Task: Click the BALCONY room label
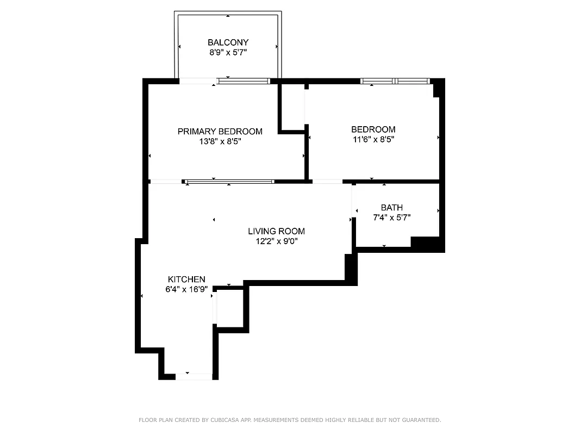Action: coord(228,42)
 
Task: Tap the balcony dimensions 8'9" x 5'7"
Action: coord(228,53)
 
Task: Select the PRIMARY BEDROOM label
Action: coord(220,132)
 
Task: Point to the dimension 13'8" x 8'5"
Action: coord(220,142)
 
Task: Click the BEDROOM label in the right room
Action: coord(373,129)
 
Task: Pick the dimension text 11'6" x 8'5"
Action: coord(373,139)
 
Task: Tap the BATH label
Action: coord(391,208)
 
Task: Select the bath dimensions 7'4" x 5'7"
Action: coord(391,217)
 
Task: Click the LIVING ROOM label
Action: coord(276,231)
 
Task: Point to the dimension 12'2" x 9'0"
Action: coord(276,241)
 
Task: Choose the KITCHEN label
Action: coord(186,279)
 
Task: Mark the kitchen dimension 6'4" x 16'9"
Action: coord(186,290)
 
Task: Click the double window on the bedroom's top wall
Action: coord(395,81)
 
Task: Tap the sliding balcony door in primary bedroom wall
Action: coord(244,81)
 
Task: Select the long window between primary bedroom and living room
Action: coord(229,182)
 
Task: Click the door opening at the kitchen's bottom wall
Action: coord(194,376)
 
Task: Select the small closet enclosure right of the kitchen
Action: coord(230,309)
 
